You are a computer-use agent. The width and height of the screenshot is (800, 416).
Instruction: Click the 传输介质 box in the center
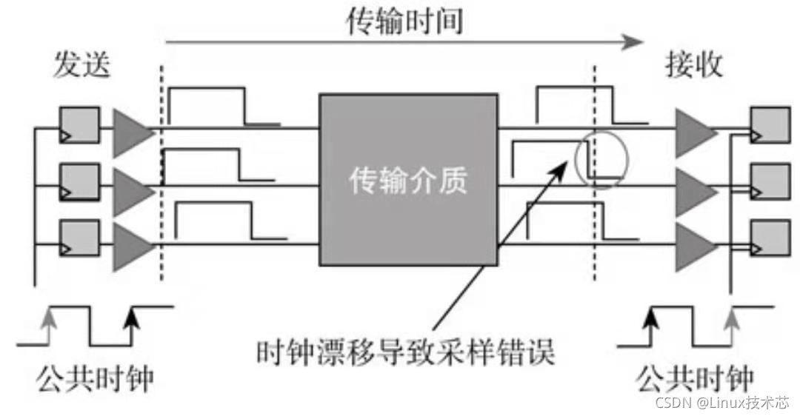click(408, 179)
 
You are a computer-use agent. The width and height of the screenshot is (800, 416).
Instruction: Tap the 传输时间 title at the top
click(404, 21)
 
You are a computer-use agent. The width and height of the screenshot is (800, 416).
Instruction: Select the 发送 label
click(81, 67)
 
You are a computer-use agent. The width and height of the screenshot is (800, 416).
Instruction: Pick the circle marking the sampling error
click(601, 159)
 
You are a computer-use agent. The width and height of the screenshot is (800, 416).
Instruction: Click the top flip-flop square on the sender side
click(79, 124)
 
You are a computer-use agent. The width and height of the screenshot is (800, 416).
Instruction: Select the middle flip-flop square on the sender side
click(79, 181)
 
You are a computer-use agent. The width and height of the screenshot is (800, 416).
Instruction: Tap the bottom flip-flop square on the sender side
click(79, 236)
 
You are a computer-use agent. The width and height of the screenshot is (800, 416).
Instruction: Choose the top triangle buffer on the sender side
click(130, 133)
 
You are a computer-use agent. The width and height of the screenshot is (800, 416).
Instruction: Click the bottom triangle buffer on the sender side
click(130, 244)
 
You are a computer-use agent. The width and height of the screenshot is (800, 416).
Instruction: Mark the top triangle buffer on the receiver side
click(693, 133)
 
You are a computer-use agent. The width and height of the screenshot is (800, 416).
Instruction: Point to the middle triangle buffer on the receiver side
click(693, 189)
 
